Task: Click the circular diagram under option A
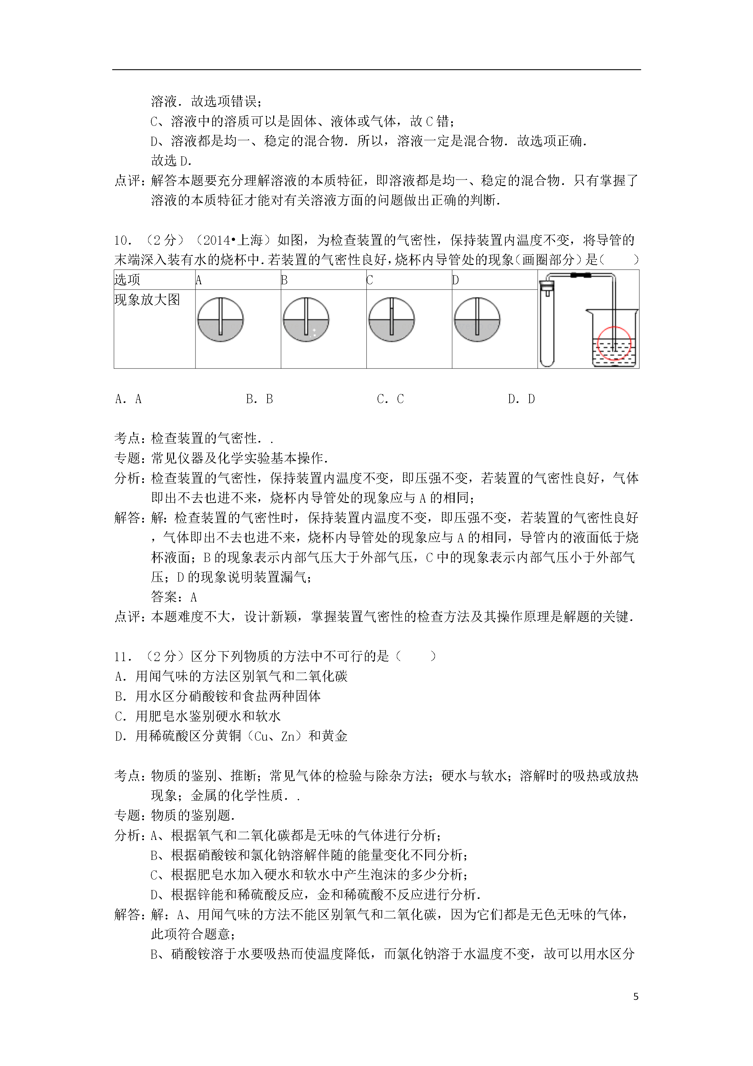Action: click(x=220, y=319)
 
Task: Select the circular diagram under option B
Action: click(x=306, y=319)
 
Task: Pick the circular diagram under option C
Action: click(x=392, y=319)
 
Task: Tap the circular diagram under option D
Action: click(x=477, y=319)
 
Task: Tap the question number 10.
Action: click(x=123, y=240)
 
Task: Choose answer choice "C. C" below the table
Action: click(x=390, y=399)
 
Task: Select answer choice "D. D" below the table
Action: click(x=521, y=399)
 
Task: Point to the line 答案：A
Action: click(x=174, y=597)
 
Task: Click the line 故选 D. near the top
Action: click(x=171, y=161)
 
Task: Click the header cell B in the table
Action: click(x=284, y=280)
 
